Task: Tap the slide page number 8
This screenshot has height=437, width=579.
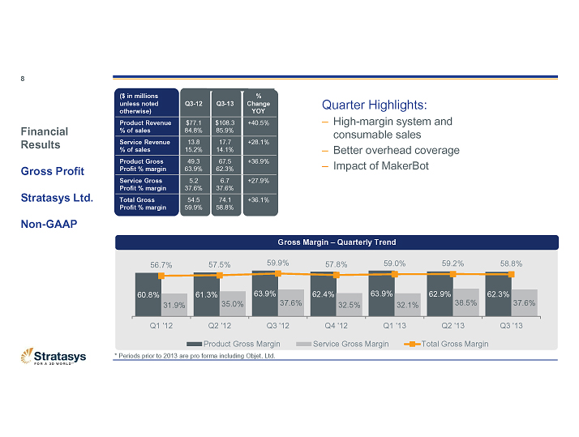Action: pos(23,79)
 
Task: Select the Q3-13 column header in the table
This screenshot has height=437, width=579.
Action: pos(225,103)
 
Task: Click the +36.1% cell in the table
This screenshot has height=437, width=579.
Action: pos(258,199)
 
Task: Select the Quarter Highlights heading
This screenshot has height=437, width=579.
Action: pos(374,105)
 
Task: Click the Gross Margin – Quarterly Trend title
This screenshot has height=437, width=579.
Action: pos(337,242)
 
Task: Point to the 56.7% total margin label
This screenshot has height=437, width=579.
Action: pos(161,264)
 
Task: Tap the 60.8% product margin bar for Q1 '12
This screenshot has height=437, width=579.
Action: pos(148,294)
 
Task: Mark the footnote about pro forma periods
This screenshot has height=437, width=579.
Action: pos(195,356)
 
